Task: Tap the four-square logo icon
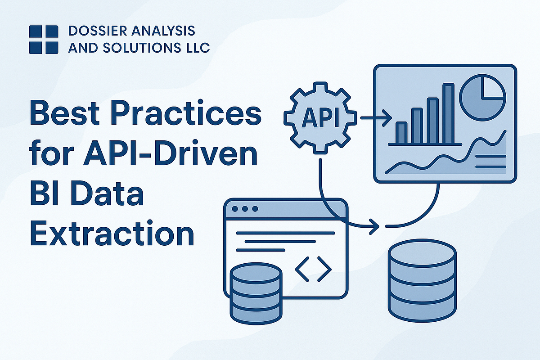coord(44,40)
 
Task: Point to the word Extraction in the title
coord(112,233)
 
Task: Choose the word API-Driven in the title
coord(170,153)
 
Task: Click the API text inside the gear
coord(320,117)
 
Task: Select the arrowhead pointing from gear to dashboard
coord(387,118)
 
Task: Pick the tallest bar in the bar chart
coord(448,113)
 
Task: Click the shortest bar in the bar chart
coord(401,133)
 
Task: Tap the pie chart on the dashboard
coord(482,97)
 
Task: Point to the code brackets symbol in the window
coord(313,269)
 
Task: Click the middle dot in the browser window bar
coord(245,208)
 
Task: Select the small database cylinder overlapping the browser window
coord(256,293)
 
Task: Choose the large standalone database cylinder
coord(423,281)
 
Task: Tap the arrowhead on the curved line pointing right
coord(374,227)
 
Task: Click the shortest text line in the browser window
coord(261,250)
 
